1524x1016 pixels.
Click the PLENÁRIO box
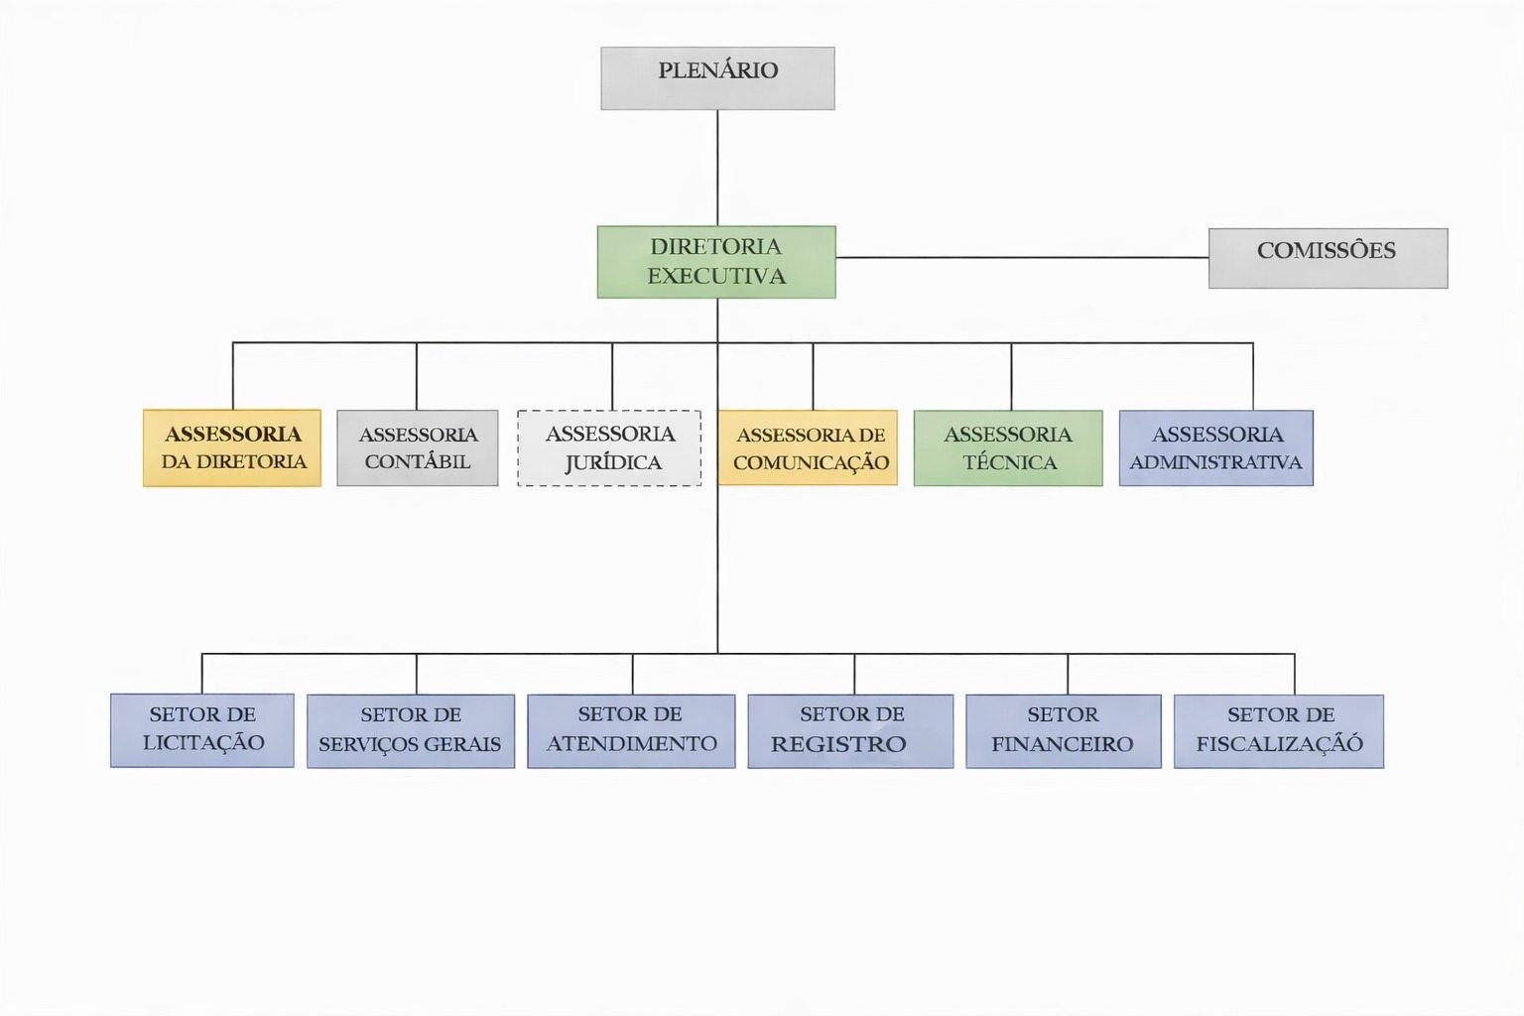pos(717,78)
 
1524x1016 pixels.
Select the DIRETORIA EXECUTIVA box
pos(716,262)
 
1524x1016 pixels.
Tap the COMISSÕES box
pos(1328,258)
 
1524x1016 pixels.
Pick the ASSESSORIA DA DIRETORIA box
pos(232,447)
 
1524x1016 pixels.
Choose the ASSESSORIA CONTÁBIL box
pos(418,447)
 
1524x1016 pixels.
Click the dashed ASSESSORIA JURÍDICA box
pos(609,447)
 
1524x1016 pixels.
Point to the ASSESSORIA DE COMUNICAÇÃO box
pos(809,447)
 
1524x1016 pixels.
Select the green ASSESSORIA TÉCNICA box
pos(1008,447)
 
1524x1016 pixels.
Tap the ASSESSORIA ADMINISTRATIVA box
pos(1216,447)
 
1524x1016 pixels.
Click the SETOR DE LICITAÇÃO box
pos(202,730)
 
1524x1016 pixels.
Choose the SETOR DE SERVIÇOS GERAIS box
pos(411,731)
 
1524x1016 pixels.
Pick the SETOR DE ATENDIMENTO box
pos(631,731)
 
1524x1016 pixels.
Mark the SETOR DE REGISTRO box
pos(850,731)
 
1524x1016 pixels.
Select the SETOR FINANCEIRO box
pos(1064,731)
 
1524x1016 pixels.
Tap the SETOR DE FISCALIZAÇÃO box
pos(1279,731)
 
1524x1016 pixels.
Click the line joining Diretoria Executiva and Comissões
pos(1022,258)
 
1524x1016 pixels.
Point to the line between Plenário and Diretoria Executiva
pos(717,168)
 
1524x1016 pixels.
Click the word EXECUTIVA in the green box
pos(716,277)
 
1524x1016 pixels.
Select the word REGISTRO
pos(838,745)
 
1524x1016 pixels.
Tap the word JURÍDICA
pos(613,463)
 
